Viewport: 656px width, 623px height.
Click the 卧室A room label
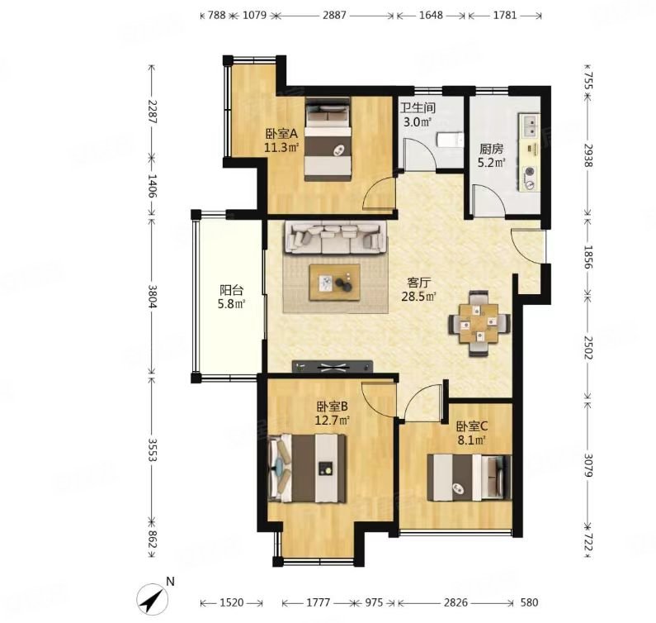281,134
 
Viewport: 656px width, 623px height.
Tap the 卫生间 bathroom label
418,108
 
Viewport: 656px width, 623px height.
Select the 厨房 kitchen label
491,149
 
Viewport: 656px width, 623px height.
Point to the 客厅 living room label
418,283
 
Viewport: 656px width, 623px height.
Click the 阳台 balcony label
231,290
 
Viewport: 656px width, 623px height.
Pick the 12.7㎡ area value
333,420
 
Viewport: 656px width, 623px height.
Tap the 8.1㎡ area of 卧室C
471,440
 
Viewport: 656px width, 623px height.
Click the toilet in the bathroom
451,140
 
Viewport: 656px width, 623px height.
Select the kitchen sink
530,125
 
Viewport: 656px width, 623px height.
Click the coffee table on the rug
335,283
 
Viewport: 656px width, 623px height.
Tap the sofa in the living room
336,237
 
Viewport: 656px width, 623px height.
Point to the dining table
479,323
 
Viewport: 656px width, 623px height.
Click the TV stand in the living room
333,366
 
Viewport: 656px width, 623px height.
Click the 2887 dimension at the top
335,16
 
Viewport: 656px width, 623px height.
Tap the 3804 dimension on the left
152,297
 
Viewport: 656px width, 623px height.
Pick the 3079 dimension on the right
588,465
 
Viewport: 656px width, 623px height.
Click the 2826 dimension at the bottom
455,602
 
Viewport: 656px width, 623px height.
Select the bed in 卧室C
469,478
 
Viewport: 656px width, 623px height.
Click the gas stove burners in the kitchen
530,178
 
